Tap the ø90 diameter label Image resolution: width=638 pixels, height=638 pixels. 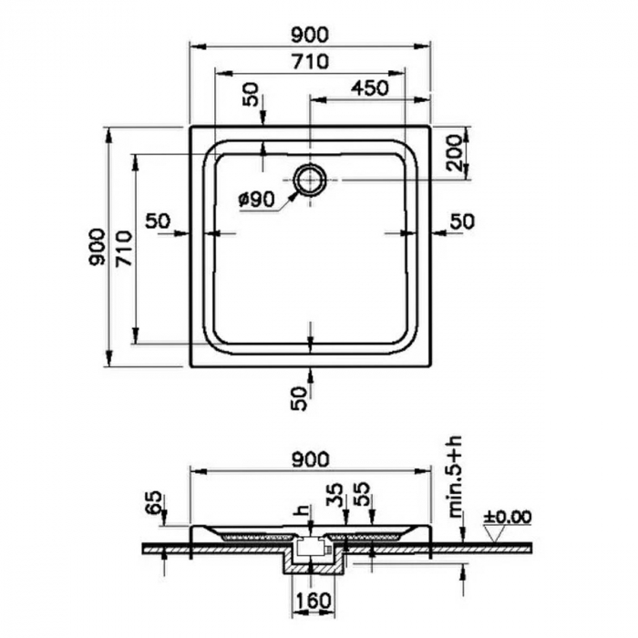click(257, 200)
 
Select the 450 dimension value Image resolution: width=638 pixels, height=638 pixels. click(370, 87)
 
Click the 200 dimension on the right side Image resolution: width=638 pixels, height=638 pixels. click(454, 153)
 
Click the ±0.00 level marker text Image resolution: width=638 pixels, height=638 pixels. click(507, 517)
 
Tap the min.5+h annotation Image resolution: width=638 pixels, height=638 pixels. click(456, 476)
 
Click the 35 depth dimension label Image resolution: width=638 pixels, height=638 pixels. click(334, 495)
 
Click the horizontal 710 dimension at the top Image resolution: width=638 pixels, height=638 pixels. click(310, 62)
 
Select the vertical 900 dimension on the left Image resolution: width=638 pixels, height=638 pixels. click(98, 247)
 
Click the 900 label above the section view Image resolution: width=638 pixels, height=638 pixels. click(311, 459)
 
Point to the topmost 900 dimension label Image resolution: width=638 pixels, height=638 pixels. click(310, 35)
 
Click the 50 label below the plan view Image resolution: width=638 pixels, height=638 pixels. click(299, 398)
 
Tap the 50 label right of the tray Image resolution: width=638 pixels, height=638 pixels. click(462, 221)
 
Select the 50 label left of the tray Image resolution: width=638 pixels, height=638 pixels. click(158, 221)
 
